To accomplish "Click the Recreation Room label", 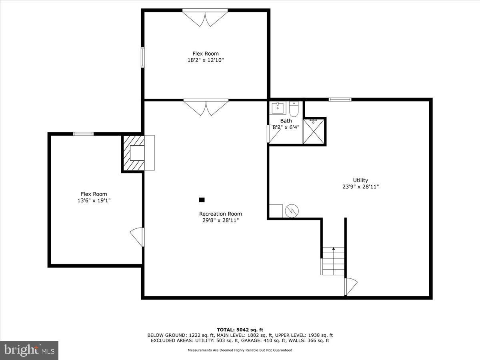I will click(x=220, y=214).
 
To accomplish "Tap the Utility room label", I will click(x=360, y=180).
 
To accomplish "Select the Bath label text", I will click(x=286, y=121).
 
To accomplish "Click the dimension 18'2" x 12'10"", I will click(x=206, y=60).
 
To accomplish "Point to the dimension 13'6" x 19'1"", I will click(x=94, y=200).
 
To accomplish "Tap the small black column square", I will click(x=202, y=200).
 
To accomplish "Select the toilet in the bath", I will click(x=294, y=108).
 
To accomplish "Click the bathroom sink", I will click(x=277, y=108).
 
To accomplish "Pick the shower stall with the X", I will click(x=314, y=131).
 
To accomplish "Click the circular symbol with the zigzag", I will click(x=291, y=210).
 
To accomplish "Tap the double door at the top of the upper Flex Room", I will click(x=205, y=18).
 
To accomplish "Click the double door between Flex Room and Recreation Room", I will click(x=206, y=108).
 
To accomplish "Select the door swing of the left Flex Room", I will click(x=137, y=237).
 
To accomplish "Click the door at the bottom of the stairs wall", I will click(x=350, y=286).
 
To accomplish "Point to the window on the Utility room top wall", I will click(x=340, y=99).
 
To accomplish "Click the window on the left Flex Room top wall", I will click(x=83, y=134).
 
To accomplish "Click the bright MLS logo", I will click(x=29, y=350).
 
